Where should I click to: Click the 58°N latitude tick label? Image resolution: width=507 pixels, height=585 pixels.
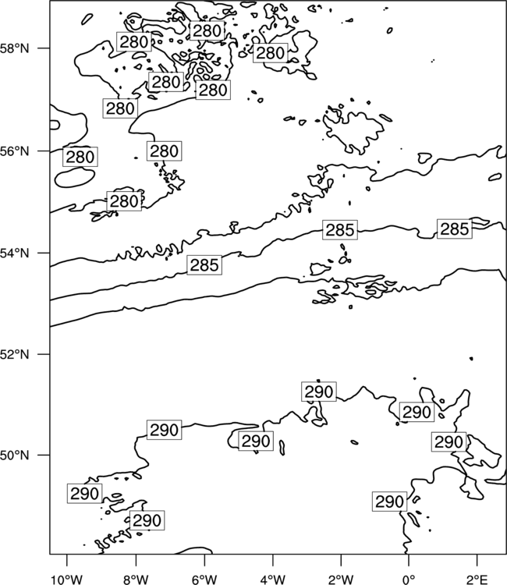click(x=15, y=48)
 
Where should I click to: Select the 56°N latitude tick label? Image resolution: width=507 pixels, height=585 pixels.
click(x=15, y=151)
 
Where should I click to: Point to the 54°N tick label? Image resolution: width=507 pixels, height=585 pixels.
click(x=15, y=253)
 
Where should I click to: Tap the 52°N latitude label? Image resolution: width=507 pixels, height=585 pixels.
click(x=15, y=354)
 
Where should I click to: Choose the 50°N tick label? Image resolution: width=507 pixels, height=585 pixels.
click(x=15, y=456)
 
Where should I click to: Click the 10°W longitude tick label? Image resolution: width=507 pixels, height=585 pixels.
click(x=67, y=580)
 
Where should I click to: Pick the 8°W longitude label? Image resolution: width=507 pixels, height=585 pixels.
click(x=136, y=580)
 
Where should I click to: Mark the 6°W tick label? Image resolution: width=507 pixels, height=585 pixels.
click(x=204, y=580)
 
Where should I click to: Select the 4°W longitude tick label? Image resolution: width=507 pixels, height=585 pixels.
click(x=273, y=580)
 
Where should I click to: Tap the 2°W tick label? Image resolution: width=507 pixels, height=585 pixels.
click(x=341, y=580)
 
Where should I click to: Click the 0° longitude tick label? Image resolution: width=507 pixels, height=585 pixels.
click(x=409, y=580)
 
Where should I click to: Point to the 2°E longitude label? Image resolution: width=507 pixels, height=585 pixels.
click(x=477, y=580)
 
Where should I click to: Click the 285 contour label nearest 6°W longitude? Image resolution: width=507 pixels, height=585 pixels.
click(x=204, y=265)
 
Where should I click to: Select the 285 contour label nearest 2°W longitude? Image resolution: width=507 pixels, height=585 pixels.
click(x=340, y=230)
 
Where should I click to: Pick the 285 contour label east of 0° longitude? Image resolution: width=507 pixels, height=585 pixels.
click(x=455, y=229)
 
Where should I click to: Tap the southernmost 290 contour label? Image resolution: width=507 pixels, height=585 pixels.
click(x=147, y=520)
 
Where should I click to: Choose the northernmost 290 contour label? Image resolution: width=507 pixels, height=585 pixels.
click(x=319, y=392)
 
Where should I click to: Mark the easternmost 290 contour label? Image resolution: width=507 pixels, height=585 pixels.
click(x=449, y=442)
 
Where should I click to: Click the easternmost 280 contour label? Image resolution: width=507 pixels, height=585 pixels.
click(x=271, y=52)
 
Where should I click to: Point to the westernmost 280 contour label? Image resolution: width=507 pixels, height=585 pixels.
click(x=80, y=157)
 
